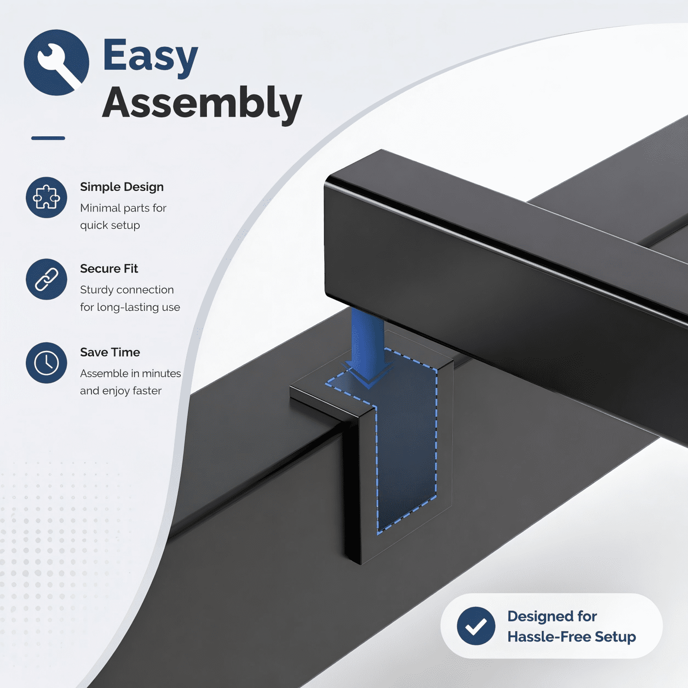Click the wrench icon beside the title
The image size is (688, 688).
pyautogui.click(x=56, y=62)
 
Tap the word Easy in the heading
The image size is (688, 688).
pyautogui.click(x=150, y=56)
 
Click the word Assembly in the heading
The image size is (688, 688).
pyautogui.click(x=202, y=103)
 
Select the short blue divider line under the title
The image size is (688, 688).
pyautogui.click(x=48, y=138)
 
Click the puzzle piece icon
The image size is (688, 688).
pyautogui.click(x=46, y=197)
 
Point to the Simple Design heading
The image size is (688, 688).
pyautogui.click(x=122, y=187)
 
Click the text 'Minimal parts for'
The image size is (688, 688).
pyautogui.click(x=123, y=208)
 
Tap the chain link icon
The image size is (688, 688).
pyautogui.click(x=46, y=279)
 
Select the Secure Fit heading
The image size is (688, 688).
pyautogui.click(x=109, y=269)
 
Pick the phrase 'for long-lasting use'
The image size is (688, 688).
pyautogui.click(x=130, y=307)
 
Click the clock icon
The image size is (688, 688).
pyautogui.click(x=46, y=363)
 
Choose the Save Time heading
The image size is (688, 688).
pyautogui.click(x=110, y=353)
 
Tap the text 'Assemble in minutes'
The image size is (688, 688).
pyautogui.click(x=130, y=373)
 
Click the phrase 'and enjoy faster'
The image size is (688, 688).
pyautogui.click(x=121, y=391)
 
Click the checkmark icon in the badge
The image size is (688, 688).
pyautogui.click(x=476, y=626)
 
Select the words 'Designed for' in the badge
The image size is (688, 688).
pyautogui.click(x=552, y=616)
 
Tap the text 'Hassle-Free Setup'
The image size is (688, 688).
pyautogui.click(x=571, y=637)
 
